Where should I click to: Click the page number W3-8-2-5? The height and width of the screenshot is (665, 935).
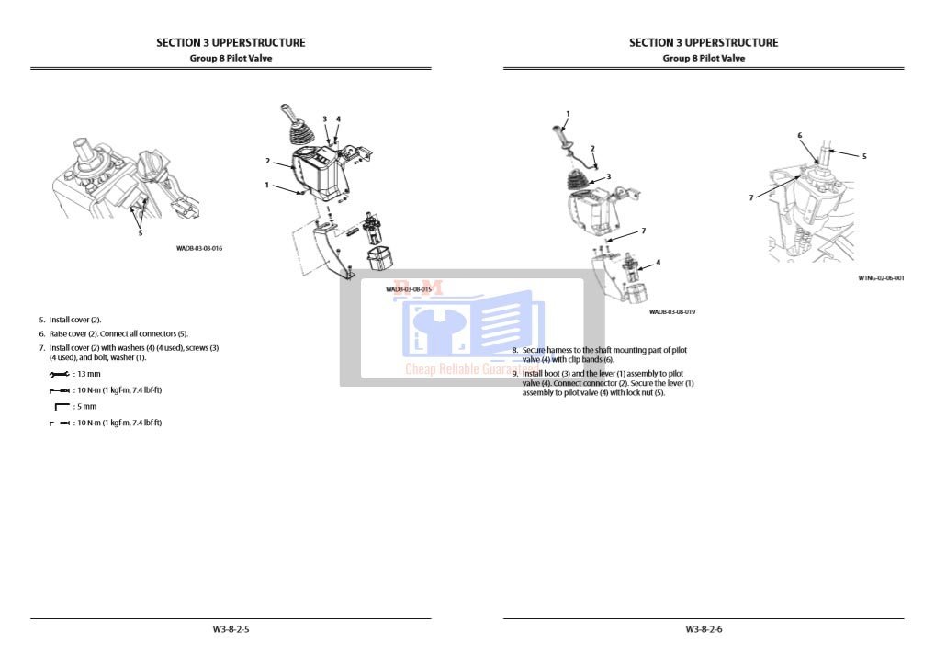pyautogui.click(x=231, y=629)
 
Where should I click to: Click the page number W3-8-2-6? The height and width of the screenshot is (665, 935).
pyautogui.click(x=704, y=629)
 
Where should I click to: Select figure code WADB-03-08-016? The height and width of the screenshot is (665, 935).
pyautogui.click(x=199, y=248)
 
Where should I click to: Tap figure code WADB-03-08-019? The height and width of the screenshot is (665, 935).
pyautogui.click(x=671, y=312)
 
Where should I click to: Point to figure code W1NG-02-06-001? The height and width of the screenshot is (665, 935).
pyautogui.click(x=881, y=277)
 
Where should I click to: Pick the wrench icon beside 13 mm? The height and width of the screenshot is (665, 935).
pyautogui.click(x=60, y=375)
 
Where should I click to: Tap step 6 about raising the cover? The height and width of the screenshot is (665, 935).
pyautogui.click(x=113, y=333)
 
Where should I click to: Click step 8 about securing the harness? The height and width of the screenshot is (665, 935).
pyautogui.click(x=602, y=355)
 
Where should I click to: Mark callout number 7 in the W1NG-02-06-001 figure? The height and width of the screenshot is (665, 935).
pyautogui.click(x=751, y=197)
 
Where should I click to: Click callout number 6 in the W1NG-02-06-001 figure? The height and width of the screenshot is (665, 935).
pyautogui.click(x=799, y=136)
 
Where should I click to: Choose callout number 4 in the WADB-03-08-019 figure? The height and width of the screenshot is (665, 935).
pyautogui.click(x=658, y=262)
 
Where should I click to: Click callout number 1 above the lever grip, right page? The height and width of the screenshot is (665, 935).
pyautogui.click(x=568, y=114)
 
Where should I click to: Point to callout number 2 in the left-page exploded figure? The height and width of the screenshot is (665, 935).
pyautogui.click(x=267, y=162)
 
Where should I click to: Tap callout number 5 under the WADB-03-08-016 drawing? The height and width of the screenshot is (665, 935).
pyautogui.click(x=141, y=232)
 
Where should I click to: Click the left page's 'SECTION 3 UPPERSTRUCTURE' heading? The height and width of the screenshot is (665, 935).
pyautogui.click(x=231, y=42)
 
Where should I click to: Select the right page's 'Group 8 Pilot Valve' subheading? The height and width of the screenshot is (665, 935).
pyautogui.click(x=704, y=58)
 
